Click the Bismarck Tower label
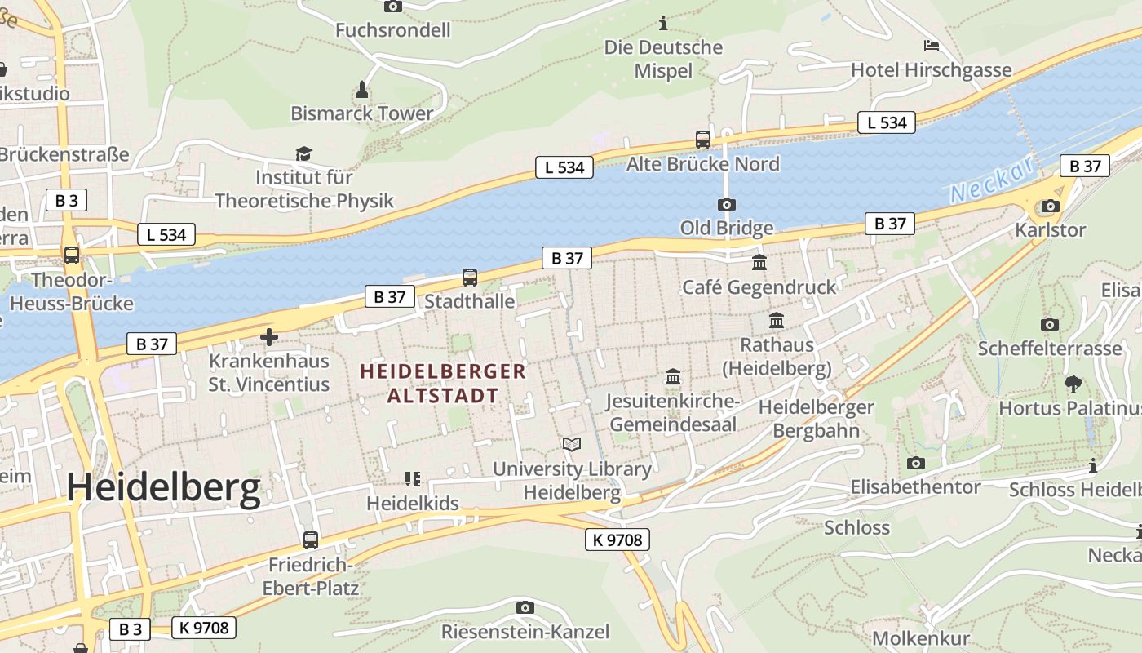[x=361, y=113]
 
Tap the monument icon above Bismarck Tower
[x=362, y=90]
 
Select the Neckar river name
[x=992, y=181]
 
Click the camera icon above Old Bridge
[x=726, y=204]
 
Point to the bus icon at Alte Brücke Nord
[x=702, y=140]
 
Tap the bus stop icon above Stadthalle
[x=469, y=278]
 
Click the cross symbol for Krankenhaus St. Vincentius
[x=268, y=336]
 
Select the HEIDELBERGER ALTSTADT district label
[x=443, y=384]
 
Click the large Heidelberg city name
[x=163, y=488]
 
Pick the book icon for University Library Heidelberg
[x=572, y=445]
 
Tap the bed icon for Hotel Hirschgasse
[x=931, y=46]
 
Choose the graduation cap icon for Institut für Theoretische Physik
[x=303, y=153]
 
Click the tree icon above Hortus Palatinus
[x=1073, y=384]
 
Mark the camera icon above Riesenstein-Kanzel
[x=525, y=607]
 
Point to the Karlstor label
[x=1050, y=230]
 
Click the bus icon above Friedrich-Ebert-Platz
[x=310, y=540]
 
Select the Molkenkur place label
[x=921, y=638]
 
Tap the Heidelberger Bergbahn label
[x=816, y=418]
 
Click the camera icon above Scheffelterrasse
[x=1050, y=324]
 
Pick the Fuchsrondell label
[x=393, y=31]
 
